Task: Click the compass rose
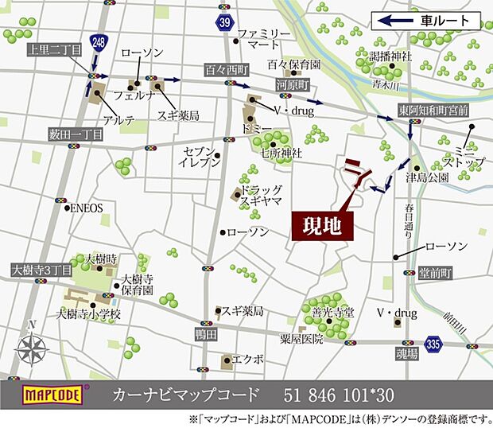(x=32, y=347)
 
